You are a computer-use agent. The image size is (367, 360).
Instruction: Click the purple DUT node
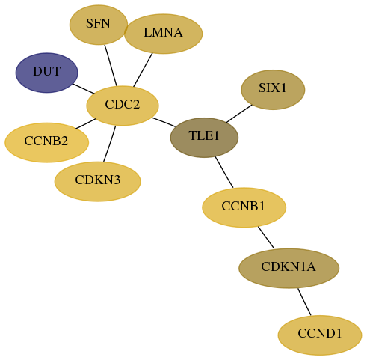coord(47,73)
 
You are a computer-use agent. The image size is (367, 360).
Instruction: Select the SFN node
coord(99,25)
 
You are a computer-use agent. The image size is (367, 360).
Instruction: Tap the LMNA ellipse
coord(163,34)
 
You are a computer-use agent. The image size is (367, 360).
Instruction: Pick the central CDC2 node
coord(123,106)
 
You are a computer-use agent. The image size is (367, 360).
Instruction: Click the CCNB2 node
coord(47,142)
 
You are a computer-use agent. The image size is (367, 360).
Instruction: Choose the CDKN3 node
coord(98,181)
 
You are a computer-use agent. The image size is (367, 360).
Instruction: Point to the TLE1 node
coord(204,138)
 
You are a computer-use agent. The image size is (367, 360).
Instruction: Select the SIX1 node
coord(273,90)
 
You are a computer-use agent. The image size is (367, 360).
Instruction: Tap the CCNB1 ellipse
coord(244,207)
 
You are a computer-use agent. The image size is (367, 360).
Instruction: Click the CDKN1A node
coord(289,268)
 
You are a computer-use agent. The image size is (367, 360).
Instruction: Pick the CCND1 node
coord(320,335)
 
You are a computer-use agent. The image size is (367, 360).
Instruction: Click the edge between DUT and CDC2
coord(84,89)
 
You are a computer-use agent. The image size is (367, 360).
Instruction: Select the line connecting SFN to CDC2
coord(111,65)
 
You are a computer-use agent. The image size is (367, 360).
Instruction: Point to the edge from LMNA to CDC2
coord(143,70)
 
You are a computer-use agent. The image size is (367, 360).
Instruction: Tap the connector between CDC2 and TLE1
coord(164,122)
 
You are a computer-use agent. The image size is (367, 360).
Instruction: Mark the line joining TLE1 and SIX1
coord(239,114)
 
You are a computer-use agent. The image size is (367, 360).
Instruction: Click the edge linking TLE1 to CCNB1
coord(224,172)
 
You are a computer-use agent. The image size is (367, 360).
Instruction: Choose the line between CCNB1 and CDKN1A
coord(266,237)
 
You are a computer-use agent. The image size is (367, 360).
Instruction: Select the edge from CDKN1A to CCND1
coord(304,302)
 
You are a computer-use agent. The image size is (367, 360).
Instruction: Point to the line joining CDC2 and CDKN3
coord(110,144)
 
